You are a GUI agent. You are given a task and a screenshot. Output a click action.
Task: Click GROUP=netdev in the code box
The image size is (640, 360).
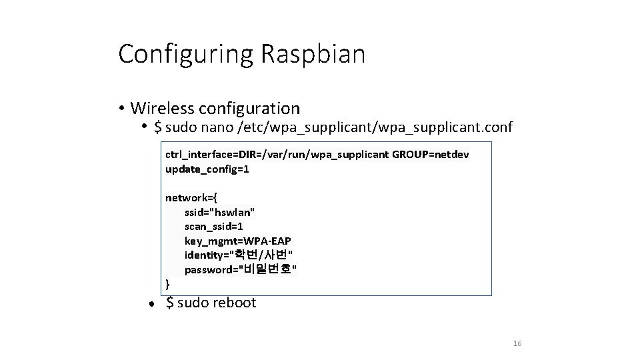point(431,155)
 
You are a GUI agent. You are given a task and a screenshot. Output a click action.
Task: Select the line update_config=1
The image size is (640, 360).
point(207,169)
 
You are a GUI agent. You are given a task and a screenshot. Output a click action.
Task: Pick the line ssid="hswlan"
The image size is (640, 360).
point(220,212)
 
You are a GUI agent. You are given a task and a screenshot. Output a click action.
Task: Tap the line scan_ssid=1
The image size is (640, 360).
point(214,227)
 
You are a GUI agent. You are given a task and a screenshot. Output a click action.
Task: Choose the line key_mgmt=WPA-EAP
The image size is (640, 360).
point(238,241)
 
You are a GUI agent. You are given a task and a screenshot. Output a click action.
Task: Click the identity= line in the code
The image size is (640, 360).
point(239,255)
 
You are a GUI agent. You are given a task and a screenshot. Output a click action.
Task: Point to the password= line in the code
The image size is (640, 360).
point(241,269)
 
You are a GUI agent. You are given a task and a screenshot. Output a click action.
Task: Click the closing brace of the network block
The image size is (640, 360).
point(167,284)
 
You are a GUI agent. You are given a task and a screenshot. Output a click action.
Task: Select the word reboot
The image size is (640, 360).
point(234,303)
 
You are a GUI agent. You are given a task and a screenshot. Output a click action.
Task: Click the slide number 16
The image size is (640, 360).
point(517,343)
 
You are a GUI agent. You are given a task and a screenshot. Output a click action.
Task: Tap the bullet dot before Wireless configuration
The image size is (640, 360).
point(123,109)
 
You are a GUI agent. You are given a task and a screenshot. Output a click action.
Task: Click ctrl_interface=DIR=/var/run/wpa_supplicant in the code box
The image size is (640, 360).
point(277,155)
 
